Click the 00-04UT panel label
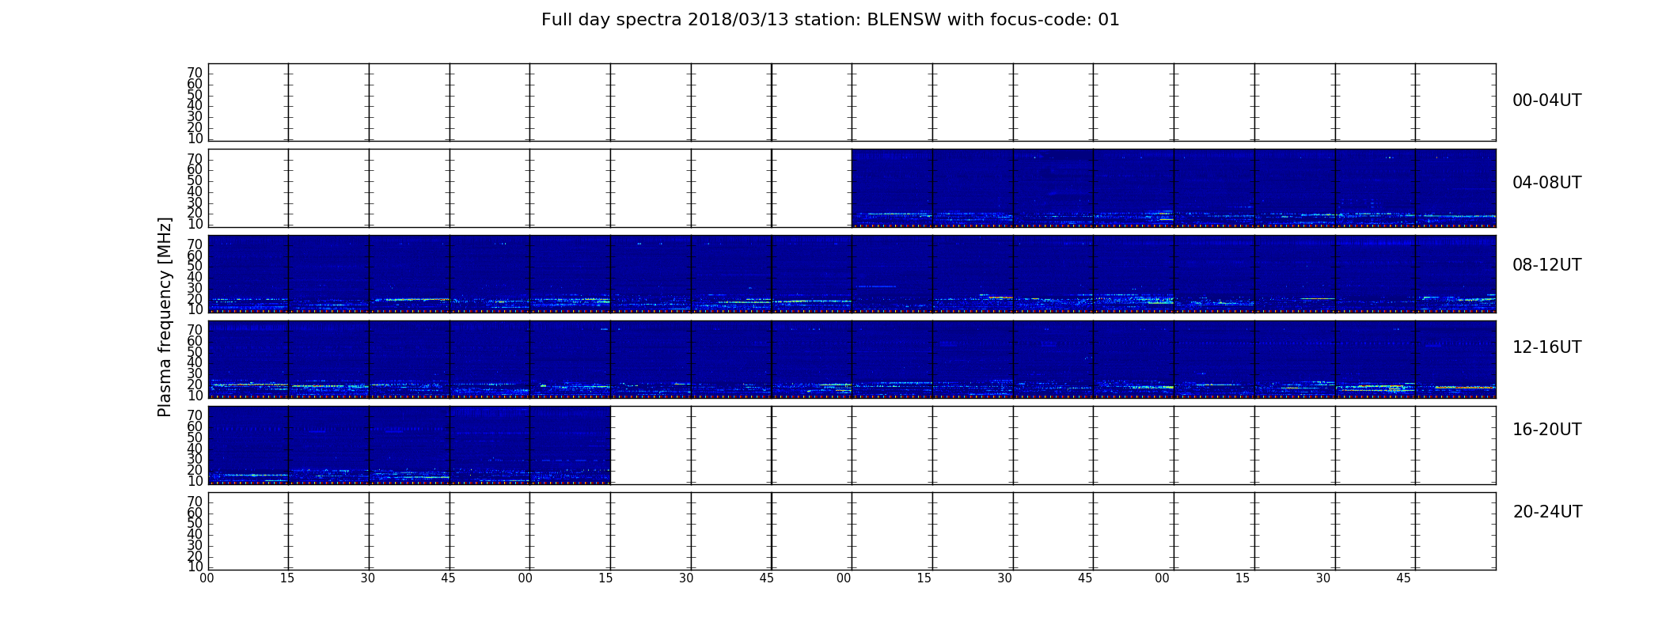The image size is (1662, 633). pyautogui.click(x=1547, y=100)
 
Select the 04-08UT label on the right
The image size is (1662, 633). pyautogui.click(x=1547, y=183)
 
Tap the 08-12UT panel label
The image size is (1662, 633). pyautogui.click(x=1547, y=265)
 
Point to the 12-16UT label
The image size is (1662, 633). pyautogui.click(x=1547, y=347)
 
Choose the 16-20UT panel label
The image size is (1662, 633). pyautogui.click(x=1547, y=430)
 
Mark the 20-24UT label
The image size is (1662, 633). pyautogui.click(x=1547, y=512)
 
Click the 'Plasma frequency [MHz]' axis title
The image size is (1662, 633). pyautogui.click(x=165, y=316)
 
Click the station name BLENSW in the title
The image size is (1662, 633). pyautogui.click(x=905, y=20)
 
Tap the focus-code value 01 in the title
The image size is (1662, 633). pyautogui.click(x=1109, y=20)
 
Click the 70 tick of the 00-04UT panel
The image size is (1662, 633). pyautogui.click(x=195, y=73)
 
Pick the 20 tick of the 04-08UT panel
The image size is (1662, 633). pyautogui.click(x=195, y=213)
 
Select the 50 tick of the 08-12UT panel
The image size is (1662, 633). pyautogui.click(x=195, y=266)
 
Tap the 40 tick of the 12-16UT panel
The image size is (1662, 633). pyautogui.click(x=195, y=362)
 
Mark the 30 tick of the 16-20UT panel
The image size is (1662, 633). pyautogui.click(x=195, y=459)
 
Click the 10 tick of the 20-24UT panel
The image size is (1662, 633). pyautogui.click(x=195, y=567)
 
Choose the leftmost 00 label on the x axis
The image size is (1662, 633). pyautogui.click(x=207, y=578)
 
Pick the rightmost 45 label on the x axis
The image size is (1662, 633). pyautogui.click(x=1403, y=578)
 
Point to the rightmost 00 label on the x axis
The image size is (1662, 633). pyautogui.click(x=1162, y=578)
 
